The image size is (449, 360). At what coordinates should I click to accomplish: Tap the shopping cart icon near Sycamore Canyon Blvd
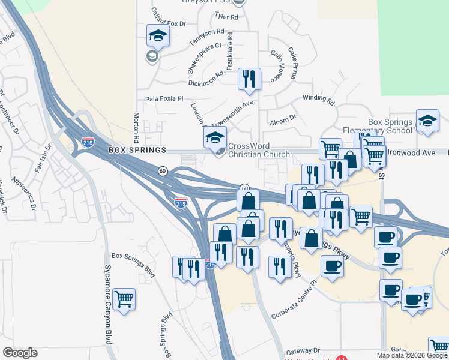(x=124, y=299)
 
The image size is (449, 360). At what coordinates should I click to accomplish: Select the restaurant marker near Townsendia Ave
(x=249, y=79)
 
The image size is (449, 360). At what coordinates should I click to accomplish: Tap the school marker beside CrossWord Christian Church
(x=215, y=137)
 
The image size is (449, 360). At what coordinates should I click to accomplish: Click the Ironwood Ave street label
(x=411, y=153)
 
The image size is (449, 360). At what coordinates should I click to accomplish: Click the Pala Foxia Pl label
(x=164, y=100)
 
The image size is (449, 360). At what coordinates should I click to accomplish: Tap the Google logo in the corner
(x=20, y=353)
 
